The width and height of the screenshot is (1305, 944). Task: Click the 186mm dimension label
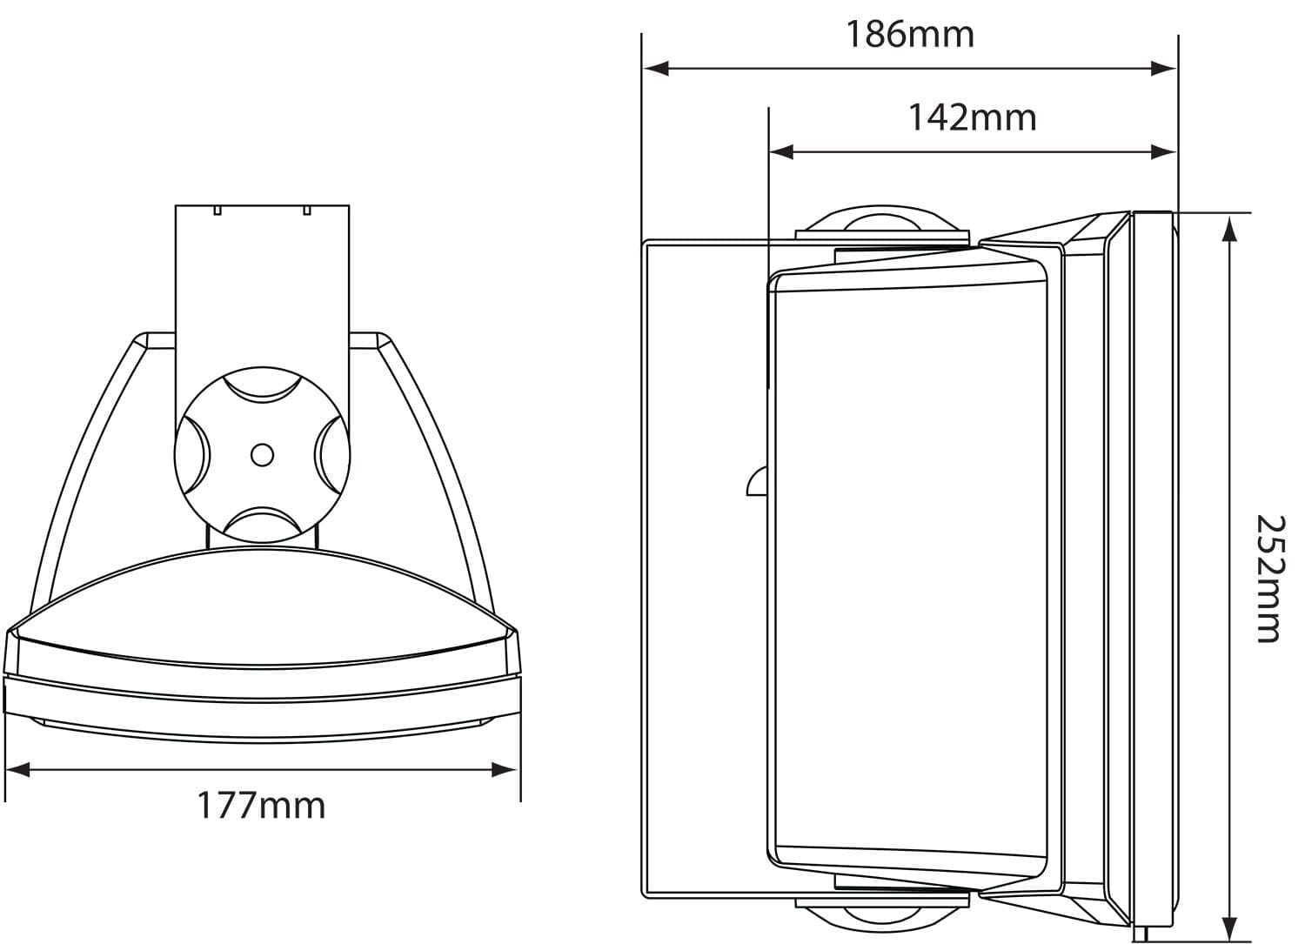click(910, 35)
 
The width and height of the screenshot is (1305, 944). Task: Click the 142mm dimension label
click(972, 117)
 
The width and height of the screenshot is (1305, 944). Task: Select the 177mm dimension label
click(261, 806)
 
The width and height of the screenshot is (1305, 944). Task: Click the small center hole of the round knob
click(262, 454)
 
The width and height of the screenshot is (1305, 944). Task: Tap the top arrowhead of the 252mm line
click(1228, 227)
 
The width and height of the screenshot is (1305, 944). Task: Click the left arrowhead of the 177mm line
click(17, 769)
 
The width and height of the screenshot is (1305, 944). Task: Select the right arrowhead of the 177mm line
click(505, 769)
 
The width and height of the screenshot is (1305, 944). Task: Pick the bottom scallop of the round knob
click(262, 522)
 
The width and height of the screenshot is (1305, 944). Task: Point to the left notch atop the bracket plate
click(218, 210)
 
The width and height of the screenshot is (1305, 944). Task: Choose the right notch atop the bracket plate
click(306, 210)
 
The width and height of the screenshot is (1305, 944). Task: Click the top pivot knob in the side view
click(881, 221)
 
